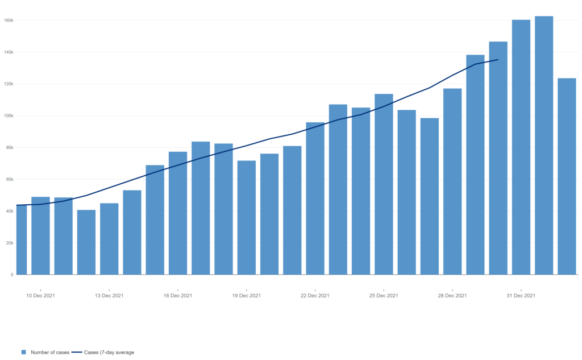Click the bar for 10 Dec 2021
tap(40, 235)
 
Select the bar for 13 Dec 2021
tap(109, 239)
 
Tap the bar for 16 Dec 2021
tap(178, 213)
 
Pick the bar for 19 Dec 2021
tap(247, 217)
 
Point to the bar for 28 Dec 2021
tap(452, 181)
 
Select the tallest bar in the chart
tap(544, 145)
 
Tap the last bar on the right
tap(567, 176)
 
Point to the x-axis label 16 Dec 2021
tap(178, 296)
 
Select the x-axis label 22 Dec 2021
tap(315, 296)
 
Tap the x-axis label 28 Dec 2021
tap(453, 296)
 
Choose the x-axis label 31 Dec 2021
tap(521, 296)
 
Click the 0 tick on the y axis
tap(13, 275)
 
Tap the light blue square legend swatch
tap(24, 353)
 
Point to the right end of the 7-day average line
tap(498, 60)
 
